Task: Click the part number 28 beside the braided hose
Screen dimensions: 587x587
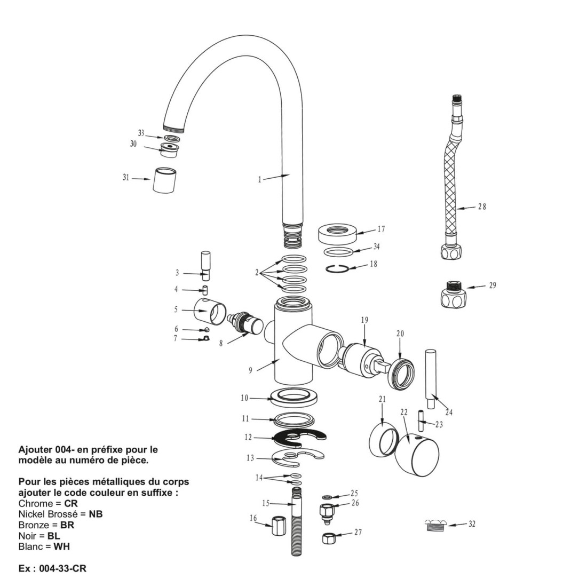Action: (482, 207)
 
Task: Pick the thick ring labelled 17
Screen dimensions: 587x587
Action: (337, 233)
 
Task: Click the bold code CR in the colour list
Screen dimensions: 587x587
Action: (71, 503)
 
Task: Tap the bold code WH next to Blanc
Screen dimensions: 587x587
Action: (61, 546)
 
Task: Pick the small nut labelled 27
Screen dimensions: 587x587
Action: (328, 538)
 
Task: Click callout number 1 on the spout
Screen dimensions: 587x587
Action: (260, 179)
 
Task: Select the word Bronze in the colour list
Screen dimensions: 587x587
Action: (33, 525)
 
